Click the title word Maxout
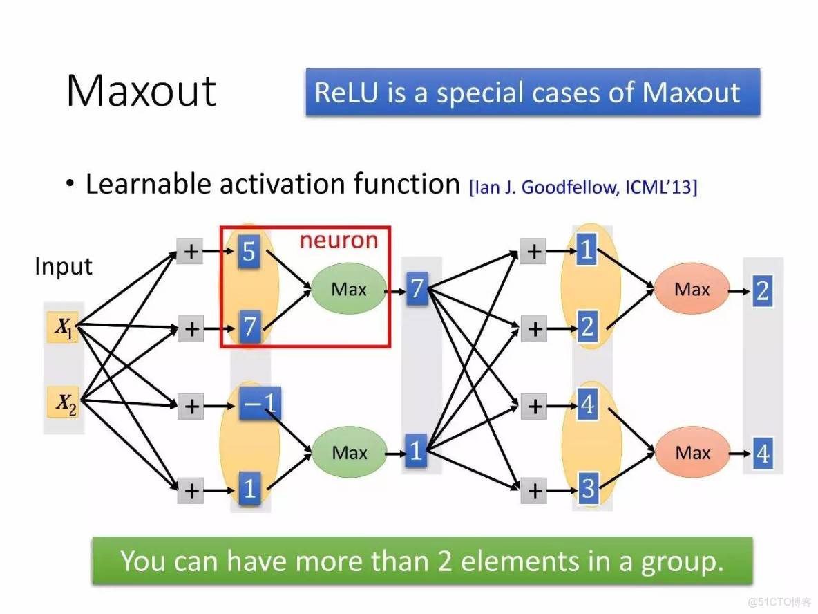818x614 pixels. click(141, 91)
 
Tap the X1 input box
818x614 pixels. click(64, 328)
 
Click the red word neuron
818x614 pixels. click(339, 240)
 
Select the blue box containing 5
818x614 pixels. click(249, 252)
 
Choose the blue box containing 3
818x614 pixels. click(587, 489)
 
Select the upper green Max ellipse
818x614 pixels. click(348, 289)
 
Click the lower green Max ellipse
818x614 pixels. click(349, 453)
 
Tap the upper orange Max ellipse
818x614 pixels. click(692, 289)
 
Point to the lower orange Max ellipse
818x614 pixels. click(692, 453)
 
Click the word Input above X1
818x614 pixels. click(64, 266)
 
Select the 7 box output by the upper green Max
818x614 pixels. click(415, 289)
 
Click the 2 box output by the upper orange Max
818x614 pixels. click(762, 290)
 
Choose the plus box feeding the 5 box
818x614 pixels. click(190, 252)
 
